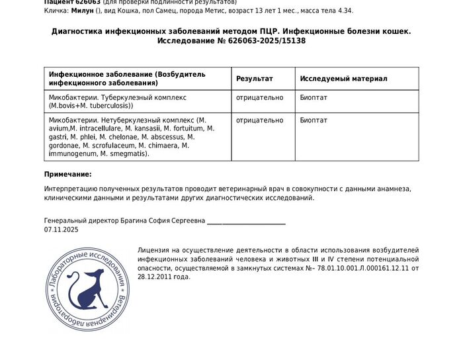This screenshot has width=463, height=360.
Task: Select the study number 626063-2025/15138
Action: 261,41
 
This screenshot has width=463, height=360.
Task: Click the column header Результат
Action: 254,79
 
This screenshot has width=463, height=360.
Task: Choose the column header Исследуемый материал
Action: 343,79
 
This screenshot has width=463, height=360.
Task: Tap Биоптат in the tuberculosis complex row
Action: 314,97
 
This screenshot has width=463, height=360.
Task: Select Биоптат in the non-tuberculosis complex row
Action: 314,120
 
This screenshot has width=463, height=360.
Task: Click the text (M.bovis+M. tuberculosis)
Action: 91,105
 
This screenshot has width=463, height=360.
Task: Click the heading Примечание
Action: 67,174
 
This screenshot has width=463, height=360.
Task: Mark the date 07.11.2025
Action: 61,230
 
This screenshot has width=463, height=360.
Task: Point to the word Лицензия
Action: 155,251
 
